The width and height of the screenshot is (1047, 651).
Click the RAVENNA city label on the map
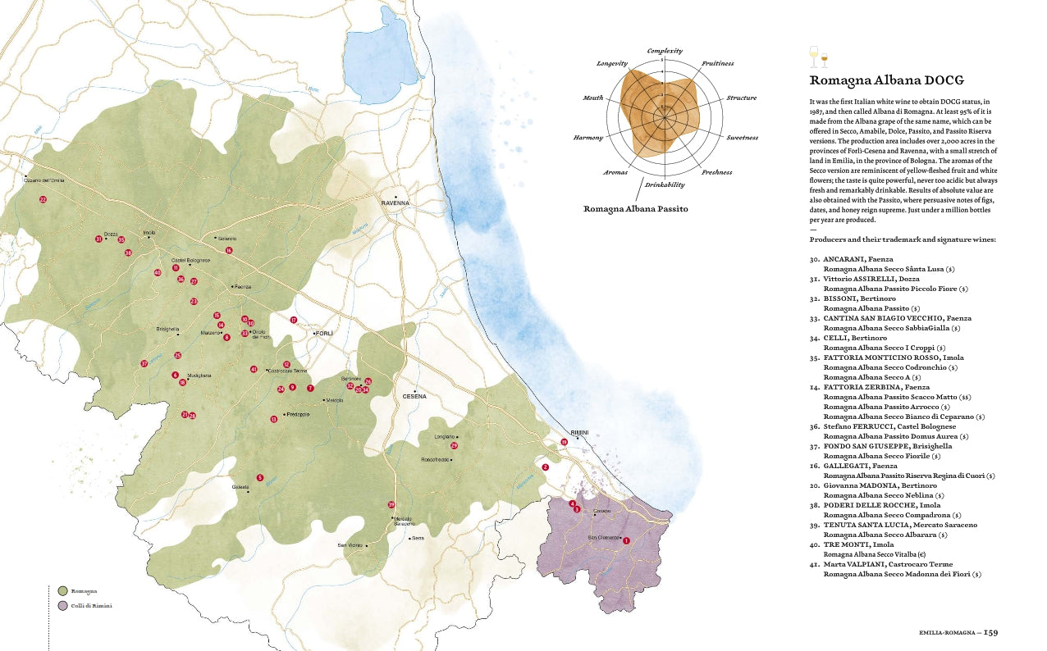(395, 203)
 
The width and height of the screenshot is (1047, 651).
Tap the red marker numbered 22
(43, 199)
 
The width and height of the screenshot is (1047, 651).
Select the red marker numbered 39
(391, 505)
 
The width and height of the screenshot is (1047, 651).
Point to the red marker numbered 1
(626, 540)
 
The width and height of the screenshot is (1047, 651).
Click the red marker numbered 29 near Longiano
(454, 446)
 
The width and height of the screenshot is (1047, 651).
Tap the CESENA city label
(414, 396)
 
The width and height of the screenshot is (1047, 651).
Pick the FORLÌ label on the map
(323, 334)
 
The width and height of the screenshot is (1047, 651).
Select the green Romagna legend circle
(62, 590)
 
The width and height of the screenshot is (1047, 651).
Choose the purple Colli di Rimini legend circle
(62, 606)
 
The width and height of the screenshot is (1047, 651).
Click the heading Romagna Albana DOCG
(886, 80)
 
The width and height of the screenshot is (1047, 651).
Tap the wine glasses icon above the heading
(819, 57)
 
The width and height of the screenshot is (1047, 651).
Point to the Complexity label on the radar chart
(665, 51)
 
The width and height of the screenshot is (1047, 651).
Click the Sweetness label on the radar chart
(746, 138)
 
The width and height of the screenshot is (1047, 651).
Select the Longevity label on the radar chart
(611, 63)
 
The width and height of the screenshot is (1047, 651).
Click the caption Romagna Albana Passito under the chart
(635, 209)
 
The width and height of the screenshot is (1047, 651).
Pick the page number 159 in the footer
(991, 632)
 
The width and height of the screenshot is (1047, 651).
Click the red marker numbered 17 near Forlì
(293, 320)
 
